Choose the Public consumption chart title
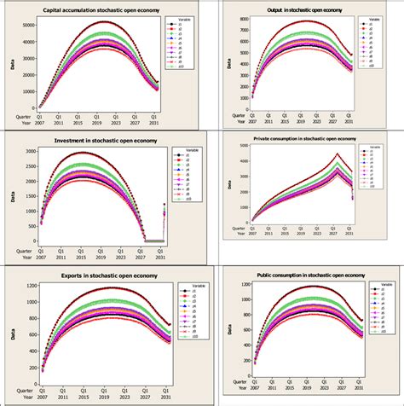[x=309, y=275]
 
